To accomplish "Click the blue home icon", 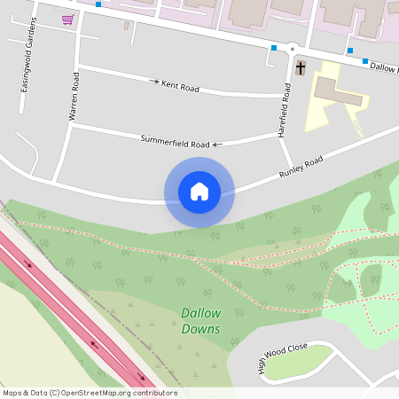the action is pos(199,192).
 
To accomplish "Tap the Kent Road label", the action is pos(180,86).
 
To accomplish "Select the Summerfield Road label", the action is pos(175,141).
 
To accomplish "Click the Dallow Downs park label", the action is pos(201,320).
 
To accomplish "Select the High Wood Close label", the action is pos(283,357).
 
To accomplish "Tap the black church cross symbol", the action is pos(300,67).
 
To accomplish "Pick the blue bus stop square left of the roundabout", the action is pos(274,48).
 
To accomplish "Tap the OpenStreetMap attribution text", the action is pos(90,393).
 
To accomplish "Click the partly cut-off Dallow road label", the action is pos(383,66).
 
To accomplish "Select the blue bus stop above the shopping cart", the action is pos(98,4).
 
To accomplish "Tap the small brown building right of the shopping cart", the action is pos(126,25).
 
